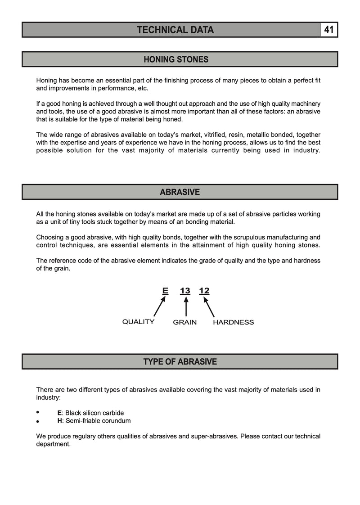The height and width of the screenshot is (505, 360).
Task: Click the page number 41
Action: pyautogui.click(x=328, y=30)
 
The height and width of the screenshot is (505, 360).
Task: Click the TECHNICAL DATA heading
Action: pyautogui.click(x=175, y=30)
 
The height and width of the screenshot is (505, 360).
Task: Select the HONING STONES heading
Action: pyautogui.click(x=176, y=59)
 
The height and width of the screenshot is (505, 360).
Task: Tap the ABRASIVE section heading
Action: pyautogui.click(x=180, y=192)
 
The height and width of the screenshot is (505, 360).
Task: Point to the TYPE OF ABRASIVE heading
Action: pyautogui.click(x=180, y=361)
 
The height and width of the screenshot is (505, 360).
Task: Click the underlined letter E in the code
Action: pyautogui.click(x=165, y=291)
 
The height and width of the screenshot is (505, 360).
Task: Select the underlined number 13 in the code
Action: pyautogui.click(x=185, y=291)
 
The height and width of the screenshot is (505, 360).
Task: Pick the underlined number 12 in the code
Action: pyautogui.click(x=204, y=291)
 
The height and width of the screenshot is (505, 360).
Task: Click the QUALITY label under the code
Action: pyautogui.click(x=138, y=322)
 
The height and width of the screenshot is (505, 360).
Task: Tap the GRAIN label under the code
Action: pyautogui.click(x=185, y=322)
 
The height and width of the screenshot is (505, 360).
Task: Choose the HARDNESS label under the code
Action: pyautogui.click(x=233, y=322)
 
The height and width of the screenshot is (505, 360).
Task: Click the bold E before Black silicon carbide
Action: pyautogui.click(x=59, y=413)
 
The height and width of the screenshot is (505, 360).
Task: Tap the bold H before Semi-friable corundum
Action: pyautogui.click(x=59, y=421)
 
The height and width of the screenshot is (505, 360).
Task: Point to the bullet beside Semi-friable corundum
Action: pyautogui.click(x=38, y=422)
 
